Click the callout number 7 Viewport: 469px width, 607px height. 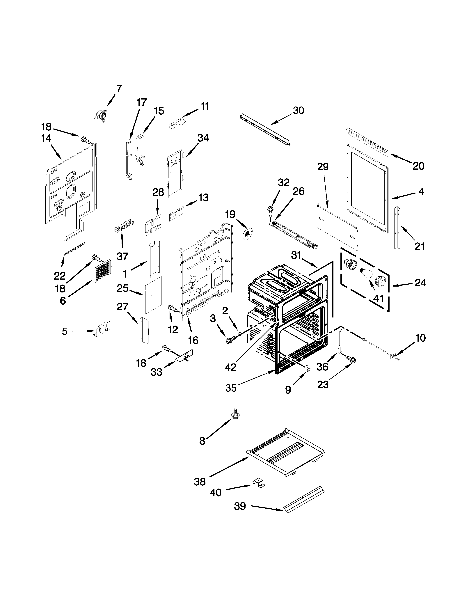[119, 88]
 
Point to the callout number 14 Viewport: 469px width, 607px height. [46, 138]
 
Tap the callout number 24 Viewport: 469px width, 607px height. [420, 283]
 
